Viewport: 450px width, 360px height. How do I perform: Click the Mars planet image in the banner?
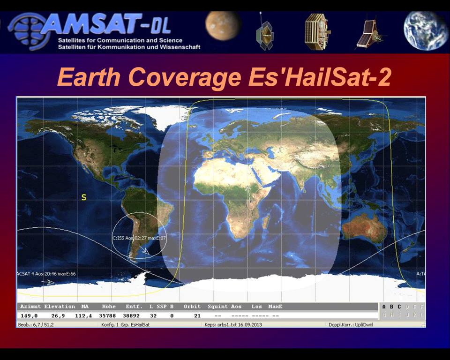(223, 26)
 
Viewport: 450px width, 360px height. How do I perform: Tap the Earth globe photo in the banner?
(426, 30)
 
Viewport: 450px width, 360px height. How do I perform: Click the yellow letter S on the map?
(84, 197)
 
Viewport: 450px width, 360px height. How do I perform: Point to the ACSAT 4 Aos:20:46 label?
(46, 273)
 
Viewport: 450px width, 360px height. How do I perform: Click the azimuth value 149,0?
(29, 316)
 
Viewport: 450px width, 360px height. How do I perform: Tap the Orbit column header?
(192, 307)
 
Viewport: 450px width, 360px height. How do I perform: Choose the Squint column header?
(217, 307)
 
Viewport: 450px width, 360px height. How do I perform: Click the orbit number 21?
(197, 316)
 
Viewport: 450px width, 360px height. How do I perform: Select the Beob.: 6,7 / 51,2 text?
(36, 324)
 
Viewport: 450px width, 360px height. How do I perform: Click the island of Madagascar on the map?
(265, 220)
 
